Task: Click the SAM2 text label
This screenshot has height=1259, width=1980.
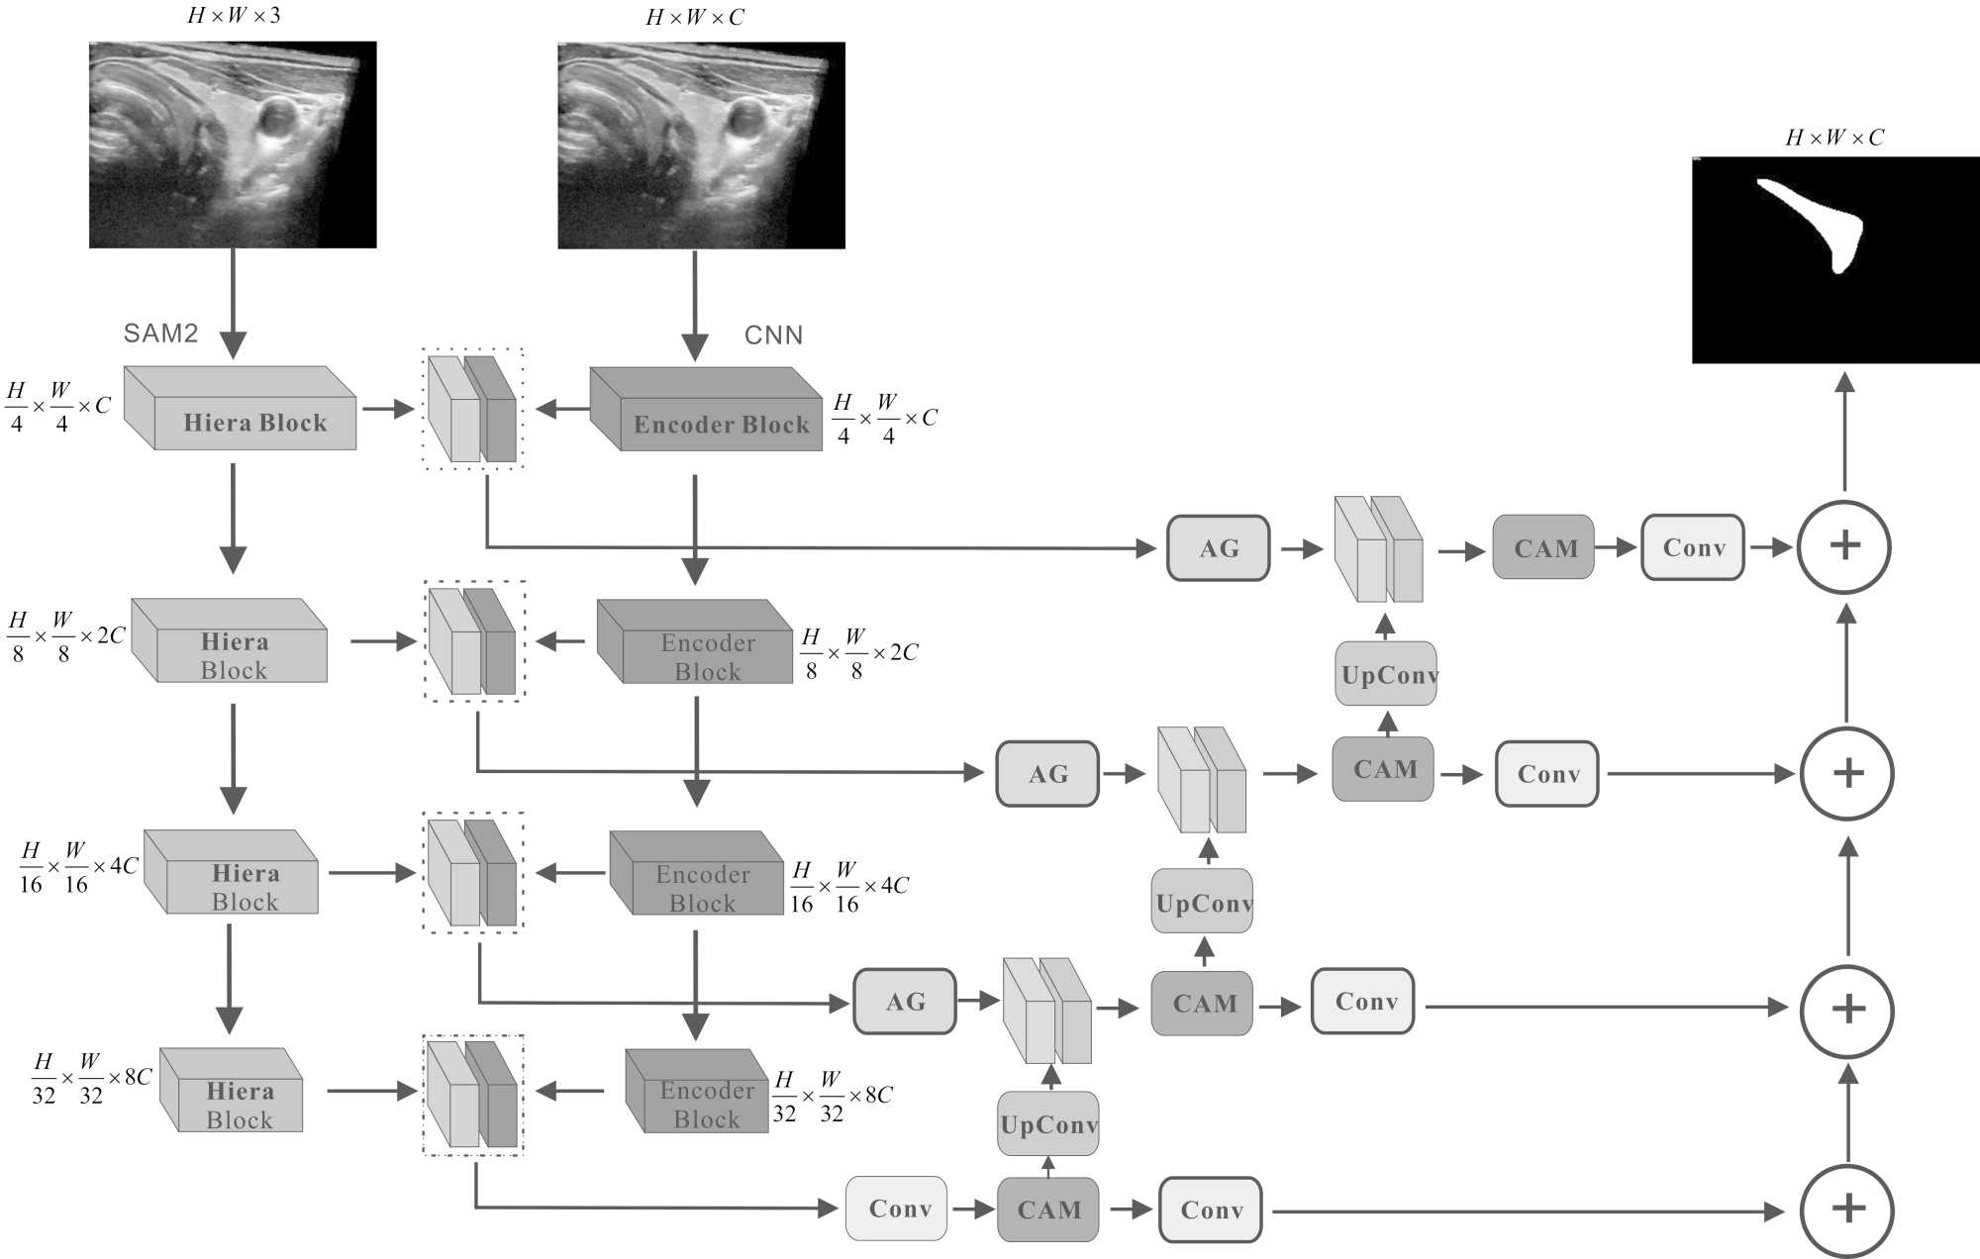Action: (160, 334)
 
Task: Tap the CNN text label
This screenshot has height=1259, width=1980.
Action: (773, 336)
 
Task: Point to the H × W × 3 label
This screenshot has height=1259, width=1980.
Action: (234, 16)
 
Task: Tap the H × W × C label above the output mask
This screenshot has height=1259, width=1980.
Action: (1834, 138)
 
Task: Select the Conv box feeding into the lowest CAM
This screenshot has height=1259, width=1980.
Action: (896, 1209)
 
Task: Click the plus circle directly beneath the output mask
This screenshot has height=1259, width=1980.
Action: (1843, 546)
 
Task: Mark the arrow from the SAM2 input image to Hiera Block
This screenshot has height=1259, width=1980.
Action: (233, 302)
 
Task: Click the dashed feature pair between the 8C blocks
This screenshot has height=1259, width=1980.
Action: (473, 1095)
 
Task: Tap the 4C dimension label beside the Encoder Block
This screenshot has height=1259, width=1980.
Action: (848, 887)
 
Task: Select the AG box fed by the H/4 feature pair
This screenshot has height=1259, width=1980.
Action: (1218, 547)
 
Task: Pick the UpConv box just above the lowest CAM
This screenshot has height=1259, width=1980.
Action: (1048, 1124)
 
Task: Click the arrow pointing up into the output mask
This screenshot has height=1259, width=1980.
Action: (1843, 431)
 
